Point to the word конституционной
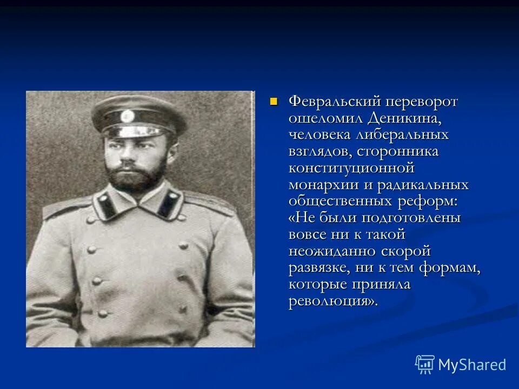[x=351, y=168]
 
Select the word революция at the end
[x=330, y=301]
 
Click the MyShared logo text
[x=472, y=365]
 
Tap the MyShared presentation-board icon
[x=424, y=364]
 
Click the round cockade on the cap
[x=128, y=116]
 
